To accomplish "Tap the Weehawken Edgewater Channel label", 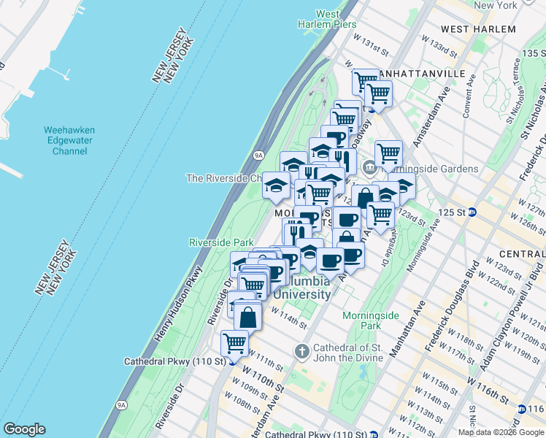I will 69,141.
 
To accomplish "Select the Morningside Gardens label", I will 429,169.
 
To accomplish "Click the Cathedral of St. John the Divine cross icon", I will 301,352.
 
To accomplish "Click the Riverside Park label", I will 220,242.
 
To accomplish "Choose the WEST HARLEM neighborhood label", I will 478,29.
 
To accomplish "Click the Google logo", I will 25,429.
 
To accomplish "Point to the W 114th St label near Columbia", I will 287,315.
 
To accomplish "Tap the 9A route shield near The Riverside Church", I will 258,155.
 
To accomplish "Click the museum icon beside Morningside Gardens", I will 370,168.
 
